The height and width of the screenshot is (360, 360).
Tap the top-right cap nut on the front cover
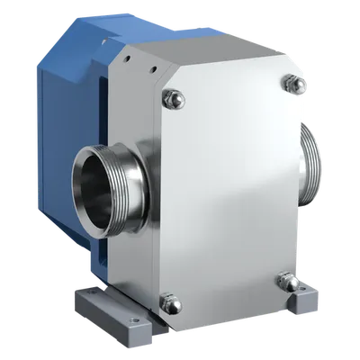291,84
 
